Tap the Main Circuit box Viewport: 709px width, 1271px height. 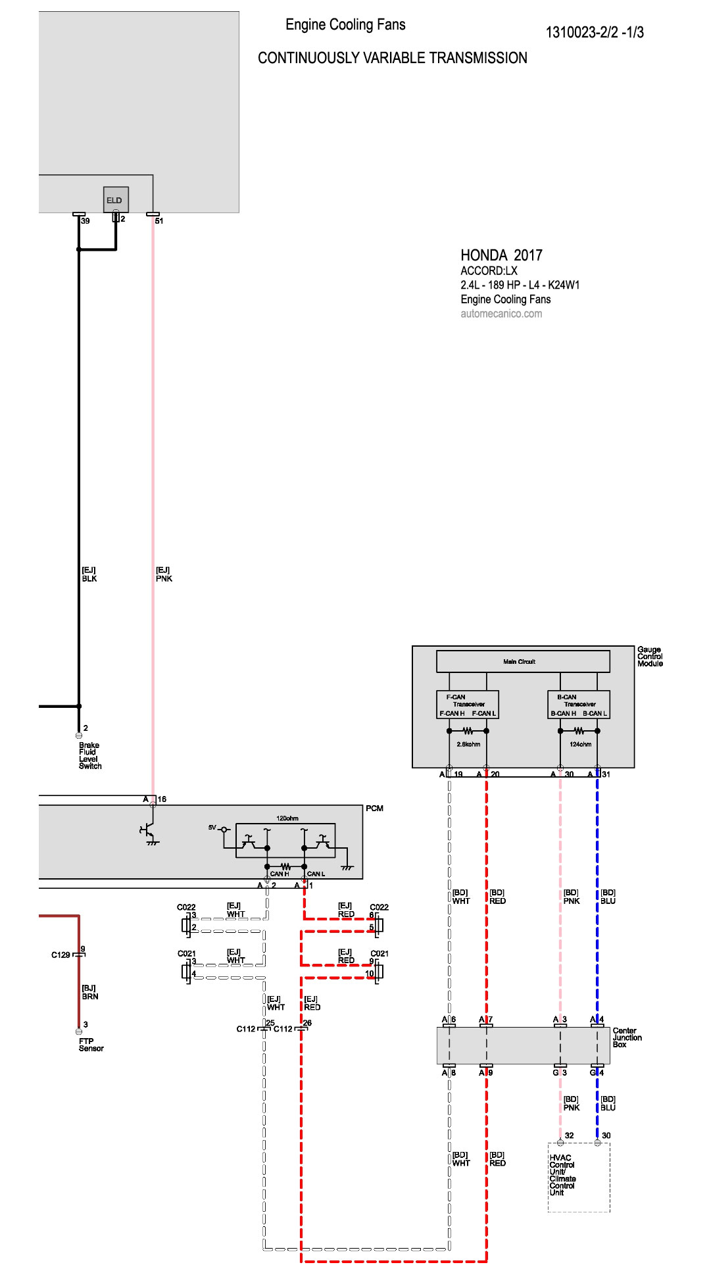(523, 661)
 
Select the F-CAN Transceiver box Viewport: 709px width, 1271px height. (468, 705)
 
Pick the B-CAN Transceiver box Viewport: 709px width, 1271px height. (579, 705)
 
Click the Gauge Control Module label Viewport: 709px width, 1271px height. (650, 657)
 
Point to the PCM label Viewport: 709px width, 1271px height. (374, 809)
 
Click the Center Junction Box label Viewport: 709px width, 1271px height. (627, 1037)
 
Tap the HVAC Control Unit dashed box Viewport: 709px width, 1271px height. (579, 1178)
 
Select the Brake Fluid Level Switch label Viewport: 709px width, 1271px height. (89, 756)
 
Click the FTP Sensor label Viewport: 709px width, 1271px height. (91, 1045)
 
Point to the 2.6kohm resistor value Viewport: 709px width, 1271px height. (468, 744)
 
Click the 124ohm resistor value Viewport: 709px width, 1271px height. (580, 744)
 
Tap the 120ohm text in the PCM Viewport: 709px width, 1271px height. (287, 818)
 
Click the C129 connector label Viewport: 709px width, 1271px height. (61, 955)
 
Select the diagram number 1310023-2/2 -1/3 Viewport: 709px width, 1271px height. (595, 32)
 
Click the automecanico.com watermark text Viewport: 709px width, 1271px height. (501, 314)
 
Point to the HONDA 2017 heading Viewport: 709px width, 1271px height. (501, 255)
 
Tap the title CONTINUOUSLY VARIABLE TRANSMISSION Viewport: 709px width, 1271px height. (393, 58)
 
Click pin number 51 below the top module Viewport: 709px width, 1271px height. (159, 221)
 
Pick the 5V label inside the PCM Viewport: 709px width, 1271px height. (212, 827)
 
